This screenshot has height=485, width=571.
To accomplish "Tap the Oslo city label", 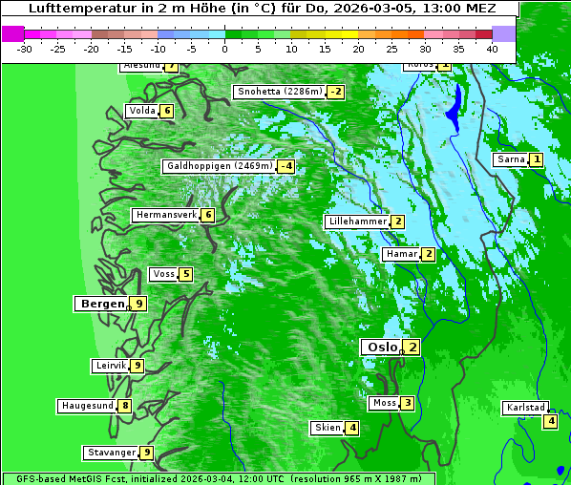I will [379, 347].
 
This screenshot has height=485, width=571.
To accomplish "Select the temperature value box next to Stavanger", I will [146, 453].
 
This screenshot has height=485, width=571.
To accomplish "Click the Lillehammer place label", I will [357, 221].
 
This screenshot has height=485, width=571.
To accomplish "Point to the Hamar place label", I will [400, 254].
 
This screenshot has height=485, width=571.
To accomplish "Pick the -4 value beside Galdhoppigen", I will [285, 166].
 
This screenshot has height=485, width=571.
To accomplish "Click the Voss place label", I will [163, 274].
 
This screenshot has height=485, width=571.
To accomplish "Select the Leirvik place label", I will [110, 366].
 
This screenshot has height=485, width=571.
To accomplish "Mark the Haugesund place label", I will [87, 406].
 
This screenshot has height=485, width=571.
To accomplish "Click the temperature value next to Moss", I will [408, 403].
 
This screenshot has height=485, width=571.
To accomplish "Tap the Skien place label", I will [327, 427].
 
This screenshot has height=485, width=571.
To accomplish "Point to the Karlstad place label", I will [525, 408].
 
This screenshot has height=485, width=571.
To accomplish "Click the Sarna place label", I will [511, 159].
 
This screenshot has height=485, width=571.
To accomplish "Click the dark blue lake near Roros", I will [455, 107].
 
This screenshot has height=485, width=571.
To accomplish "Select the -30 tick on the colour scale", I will [25, 48].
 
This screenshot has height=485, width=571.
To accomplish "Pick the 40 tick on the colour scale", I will [492, 48].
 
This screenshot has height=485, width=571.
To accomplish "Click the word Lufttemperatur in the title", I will [68, 8].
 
